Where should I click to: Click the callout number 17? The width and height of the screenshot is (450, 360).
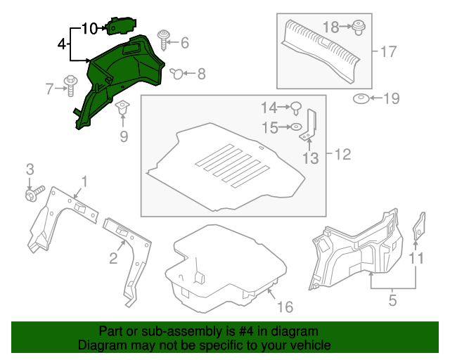[389, 51]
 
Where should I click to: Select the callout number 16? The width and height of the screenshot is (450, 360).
[284, 307]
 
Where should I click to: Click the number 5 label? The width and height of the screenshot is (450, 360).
[392, 301]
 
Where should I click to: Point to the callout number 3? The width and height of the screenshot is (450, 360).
[30, 169]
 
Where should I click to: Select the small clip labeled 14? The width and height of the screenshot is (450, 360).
[297, 108]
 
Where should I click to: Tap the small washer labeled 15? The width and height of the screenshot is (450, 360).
[297, 127]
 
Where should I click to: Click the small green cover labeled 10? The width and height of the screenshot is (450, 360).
[118, 25]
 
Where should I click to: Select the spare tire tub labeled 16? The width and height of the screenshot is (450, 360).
[225, 264]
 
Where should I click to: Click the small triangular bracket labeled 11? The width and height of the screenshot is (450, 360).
[418, 226]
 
